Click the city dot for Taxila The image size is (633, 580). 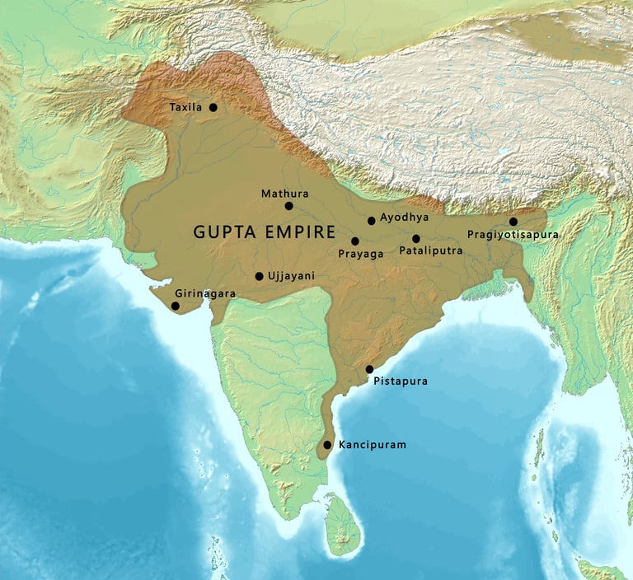pyautogui.click(x=213, y=107)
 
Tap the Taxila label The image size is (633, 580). pyautogui.click(x=185, y=108)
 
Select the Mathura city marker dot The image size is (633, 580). pyautogui.click(x=288, y=206)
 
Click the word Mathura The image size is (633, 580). pyautogui.click(x=284, y=194)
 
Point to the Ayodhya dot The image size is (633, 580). pyautogui.click(x=371, y=220)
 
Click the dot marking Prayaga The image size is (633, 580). pyautogui.click(x=354, y=241)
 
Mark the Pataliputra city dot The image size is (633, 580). pyautogui.click(x=415, y=239)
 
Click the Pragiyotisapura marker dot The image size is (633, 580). pyautogui.click(x=513, y=222)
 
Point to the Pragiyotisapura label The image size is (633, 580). pyautogui.click(x=513, y=235)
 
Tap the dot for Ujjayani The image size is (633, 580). pyautogui.click(x=259, y=277)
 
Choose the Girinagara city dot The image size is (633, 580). pyautogui.click(x=175, y=306)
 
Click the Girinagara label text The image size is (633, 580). pyautogui.click(x=205, y=293)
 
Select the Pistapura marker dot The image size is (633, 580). pyautogui.click(x=369, y=369)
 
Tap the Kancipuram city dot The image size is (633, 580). pyautogui.click(x=327, y=445)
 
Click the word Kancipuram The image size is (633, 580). pyautogui.click(x=373, y=445)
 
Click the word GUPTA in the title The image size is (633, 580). pyautogui.click(x=222, y=232)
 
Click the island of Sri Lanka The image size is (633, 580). pyautogui.click(x=341, y=527)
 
